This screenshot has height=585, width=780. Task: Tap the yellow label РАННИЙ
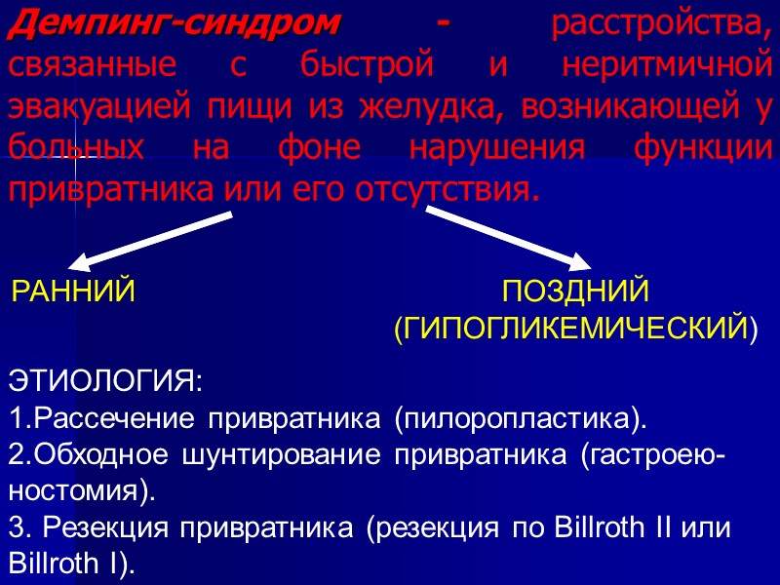73,292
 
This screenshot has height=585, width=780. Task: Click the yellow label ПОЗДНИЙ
574,292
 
